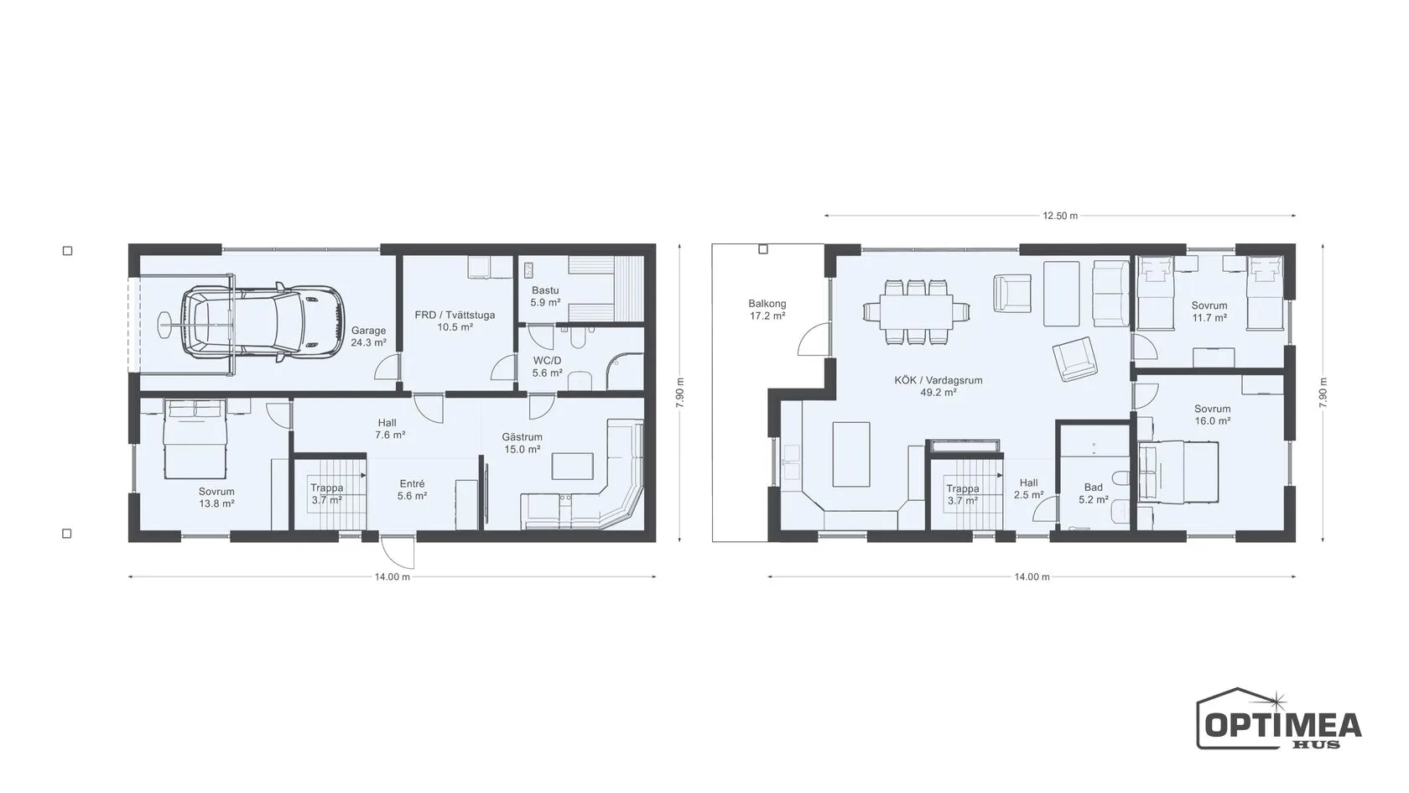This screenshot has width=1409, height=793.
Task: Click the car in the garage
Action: pos(263,323)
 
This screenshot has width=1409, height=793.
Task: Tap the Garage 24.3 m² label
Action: pos(369,337)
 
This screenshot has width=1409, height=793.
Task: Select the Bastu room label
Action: pos(545,296)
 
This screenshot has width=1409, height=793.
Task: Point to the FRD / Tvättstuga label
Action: pos(455,321)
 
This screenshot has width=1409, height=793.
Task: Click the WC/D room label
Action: pos(547,367)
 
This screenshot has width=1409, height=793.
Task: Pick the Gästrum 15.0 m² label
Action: pos(522,443)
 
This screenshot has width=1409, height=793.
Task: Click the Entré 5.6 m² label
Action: pos(412,490)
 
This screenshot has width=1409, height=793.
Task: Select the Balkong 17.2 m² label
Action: pos(767,310)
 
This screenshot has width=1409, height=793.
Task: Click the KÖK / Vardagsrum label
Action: pos(938,386)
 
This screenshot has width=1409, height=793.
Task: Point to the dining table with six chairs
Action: pos(916,312)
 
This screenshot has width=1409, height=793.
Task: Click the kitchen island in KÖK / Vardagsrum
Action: pos(852,455)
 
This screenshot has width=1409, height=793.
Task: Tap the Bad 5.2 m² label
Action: pos(1094,493)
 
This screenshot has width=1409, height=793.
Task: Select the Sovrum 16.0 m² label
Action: pos(1212,415)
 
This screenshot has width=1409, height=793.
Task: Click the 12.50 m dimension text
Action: pos(1060,216)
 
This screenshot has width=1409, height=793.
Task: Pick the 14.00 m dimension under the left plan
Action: pos(393,577)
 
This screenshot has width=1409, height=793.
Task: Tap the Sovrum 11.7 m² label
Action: pos(1209,311)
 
